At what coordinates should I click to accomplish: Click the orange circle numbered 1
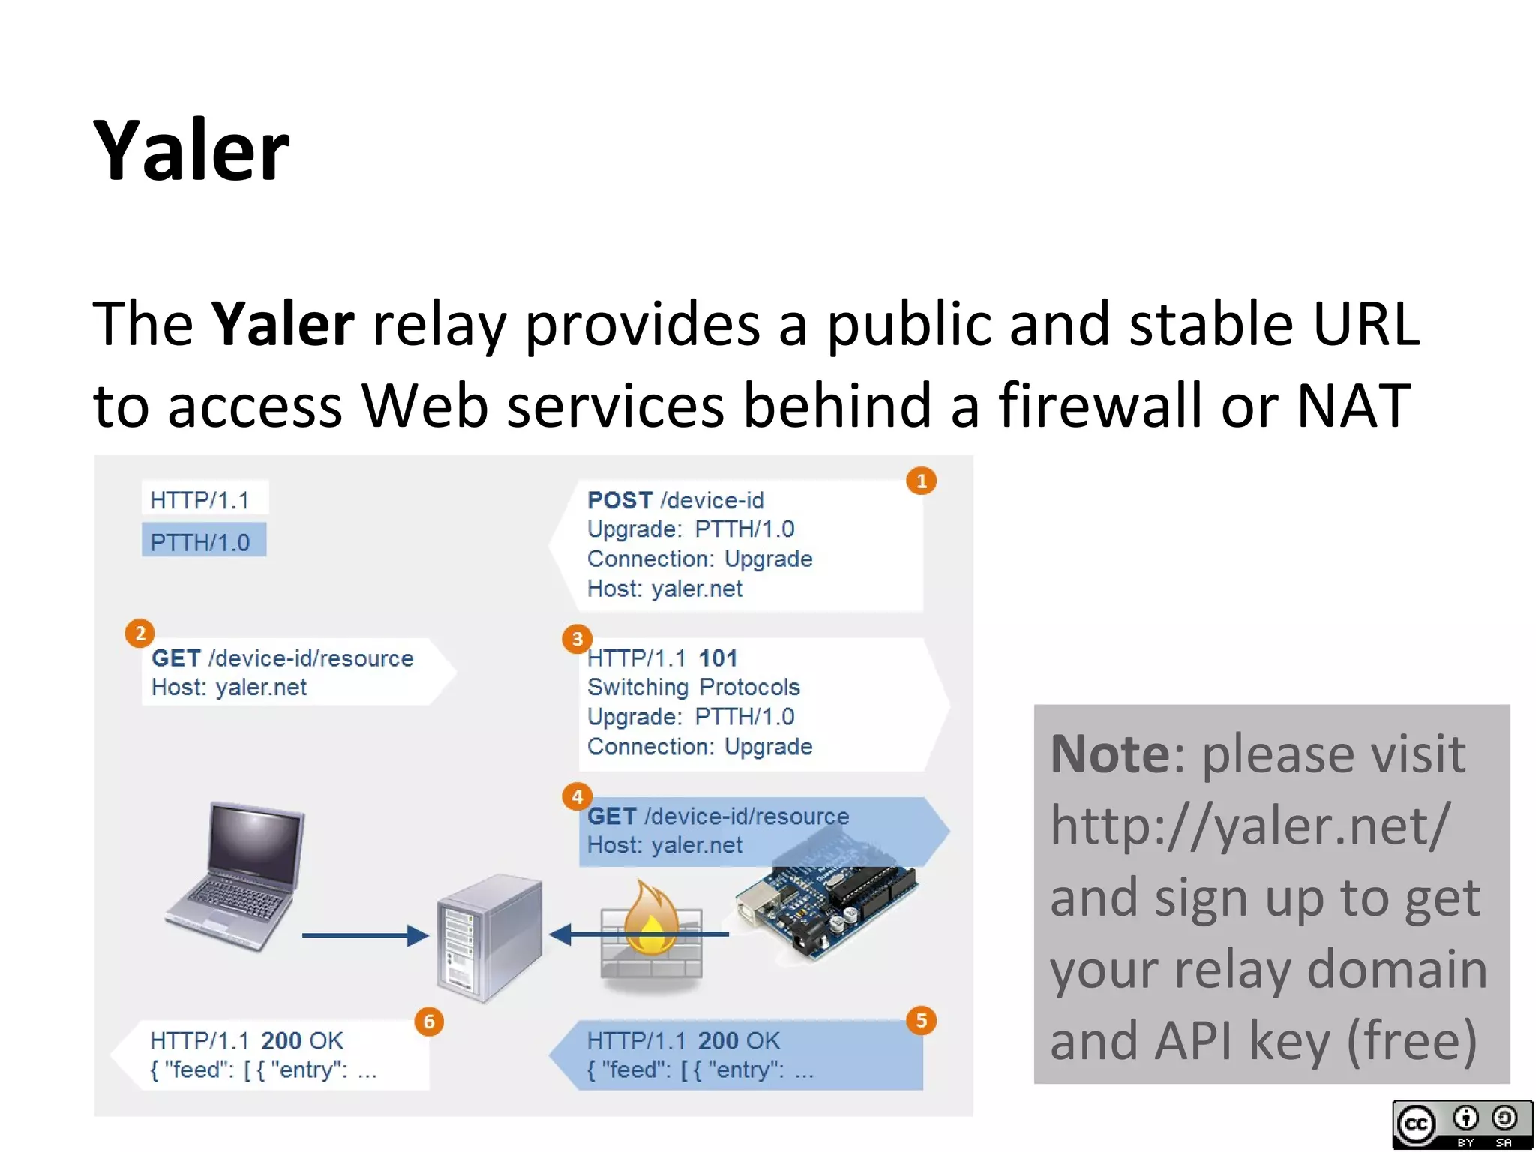click(x=922, y=481)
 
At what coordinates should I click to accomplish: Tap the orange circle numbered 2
click(x=139, y=634)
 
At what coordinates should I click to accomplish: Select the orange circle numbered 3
click(x=577, y=639)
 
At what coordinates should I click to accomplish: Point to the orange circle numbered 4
click(x=577, y=796)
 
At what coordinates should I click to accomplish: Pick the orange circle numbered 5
click(x=922, y=1020)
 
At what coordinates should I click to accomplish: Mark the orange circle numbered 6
click(x=429, y=1021)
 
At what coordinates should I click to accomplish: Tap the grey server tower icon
click(x=489, y=937)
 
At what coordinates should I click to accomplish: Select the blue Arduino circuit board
click(x=825, y=907)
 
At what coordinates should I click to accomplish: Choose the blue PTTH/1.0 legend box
click(x=203, y=541)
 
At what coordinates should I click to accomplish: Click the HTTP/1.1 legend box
click(x=203, y=499)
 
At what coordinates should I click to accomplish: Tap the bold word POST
click(x=619, y=500)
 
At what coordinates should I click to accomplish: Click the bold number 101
click(x=718, y=658)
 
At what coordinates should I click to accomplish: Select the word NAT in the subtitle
click(x=1354, y=406)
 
